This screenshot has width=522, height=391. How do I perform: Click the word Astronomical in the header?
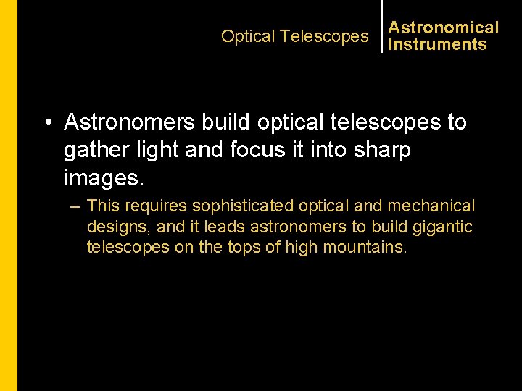pos(443,28)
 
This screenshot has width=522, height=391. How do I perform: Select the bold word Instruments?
pos(437,45)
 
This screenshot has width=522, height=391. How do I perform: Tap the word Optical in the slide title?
pos(248,36)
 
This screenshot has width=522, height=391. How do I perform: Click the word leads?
pos(225,227)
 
